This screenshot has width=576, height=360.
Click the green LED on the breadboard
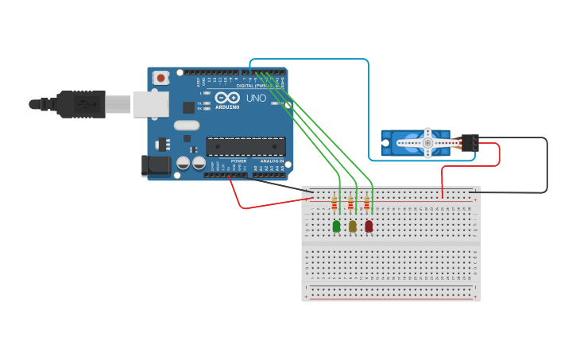336,226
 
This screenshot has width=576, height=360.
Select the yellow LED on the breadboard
353,226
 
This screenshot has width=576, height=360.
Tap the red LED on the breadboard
369,226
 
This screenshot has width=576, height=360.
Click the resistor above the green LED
334,204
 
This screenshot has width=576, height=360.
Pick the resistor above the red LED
367,204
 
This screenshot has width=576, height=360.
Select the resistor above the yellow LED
350,204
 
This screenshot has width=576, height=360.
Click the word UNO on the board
256,99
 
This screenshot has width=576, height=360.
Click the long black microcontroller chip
245,146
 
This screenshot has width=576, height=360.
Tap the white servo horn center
427,143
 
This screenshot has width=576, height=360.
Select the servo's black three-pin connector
470,142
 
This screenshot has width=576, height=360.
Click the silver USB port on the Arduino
150,104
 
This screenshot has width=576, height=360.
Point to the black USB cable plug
80,104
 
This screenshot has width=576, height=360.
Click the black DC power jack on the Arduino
155,165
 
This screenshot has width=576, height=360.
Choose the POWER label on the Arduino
238,161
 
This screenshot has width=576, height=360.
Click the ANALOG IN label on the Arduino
271,161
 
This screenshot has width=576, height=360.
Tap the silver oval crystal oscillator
187,125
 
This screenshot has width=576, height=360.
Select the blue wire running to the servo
369,103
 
